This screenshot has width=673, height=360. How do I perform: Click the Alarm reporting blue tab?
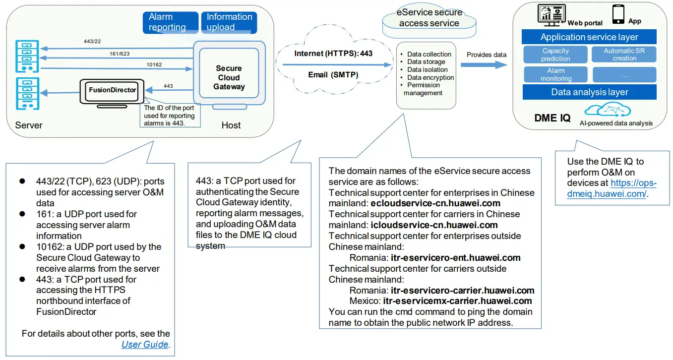point(170,22)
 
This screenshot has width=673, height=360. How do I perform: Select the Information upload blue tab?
point(229,22)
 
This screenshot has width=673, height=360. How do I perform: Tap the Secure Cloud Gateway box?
point(229,77)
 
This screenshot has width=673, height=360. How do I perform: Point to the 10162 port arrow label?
point(154,64)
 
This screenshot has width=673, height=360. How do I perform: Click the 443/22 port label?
point(93,42)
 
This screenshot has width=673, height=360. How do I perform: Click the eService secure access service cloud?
point(430,18)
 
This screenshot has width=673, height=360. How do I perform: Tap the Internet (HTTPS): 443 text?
point(333,54)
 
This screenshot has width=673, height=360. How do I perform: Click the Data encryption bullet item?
point(430,77)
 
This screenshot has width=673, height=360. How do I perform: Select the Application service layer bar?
point(589,37)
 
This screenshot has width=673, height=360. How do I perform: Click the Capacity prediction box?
point(555,55)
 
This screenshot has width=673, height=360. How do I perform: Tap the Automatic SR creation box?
point(624,55)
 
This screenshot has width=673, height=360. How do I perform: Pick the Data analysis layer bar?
point(589,92)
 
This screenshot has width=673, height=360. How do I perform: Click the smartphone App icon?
point(618,14)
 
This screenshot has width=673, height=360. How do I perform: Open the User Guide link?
point(144,344)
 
